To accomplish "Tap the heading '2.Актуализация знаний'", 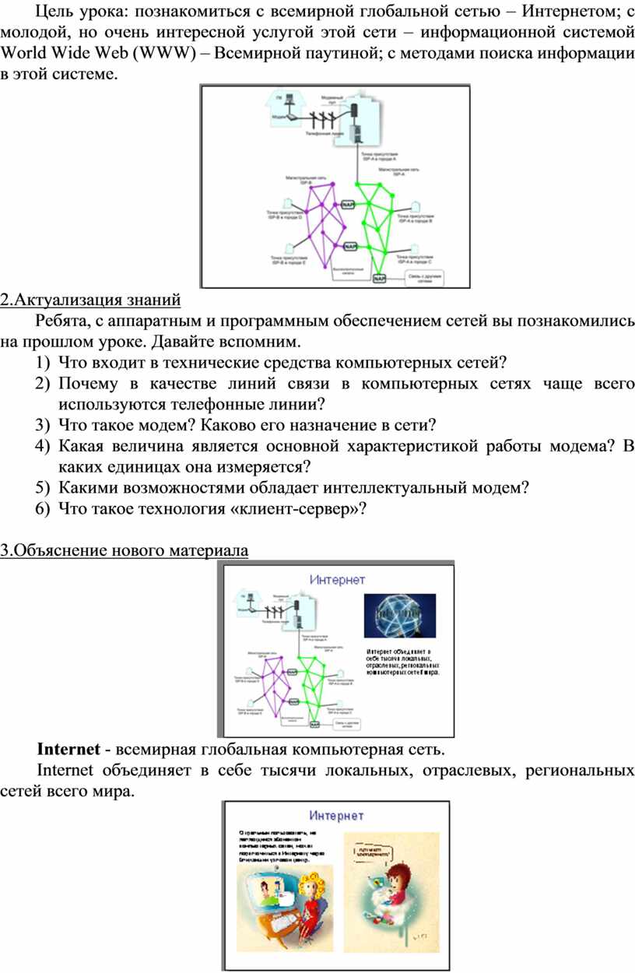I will tap(90, 299).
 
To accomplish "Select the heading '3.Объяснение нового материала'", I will tap(125, 550).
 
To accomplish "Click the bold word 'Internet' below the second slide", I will tap(68, 750).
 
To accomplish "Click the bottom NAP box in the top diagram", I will tap(379, 278).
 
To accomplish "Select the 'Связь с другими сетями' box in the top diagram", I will tap(424, 278).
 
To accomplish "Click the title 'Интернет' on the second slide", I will tap(337, 580).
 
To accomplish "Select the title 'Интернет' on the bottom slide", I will tap(336, 816).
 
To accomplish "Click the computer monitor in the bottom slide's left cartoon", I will tap(267, 891).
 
